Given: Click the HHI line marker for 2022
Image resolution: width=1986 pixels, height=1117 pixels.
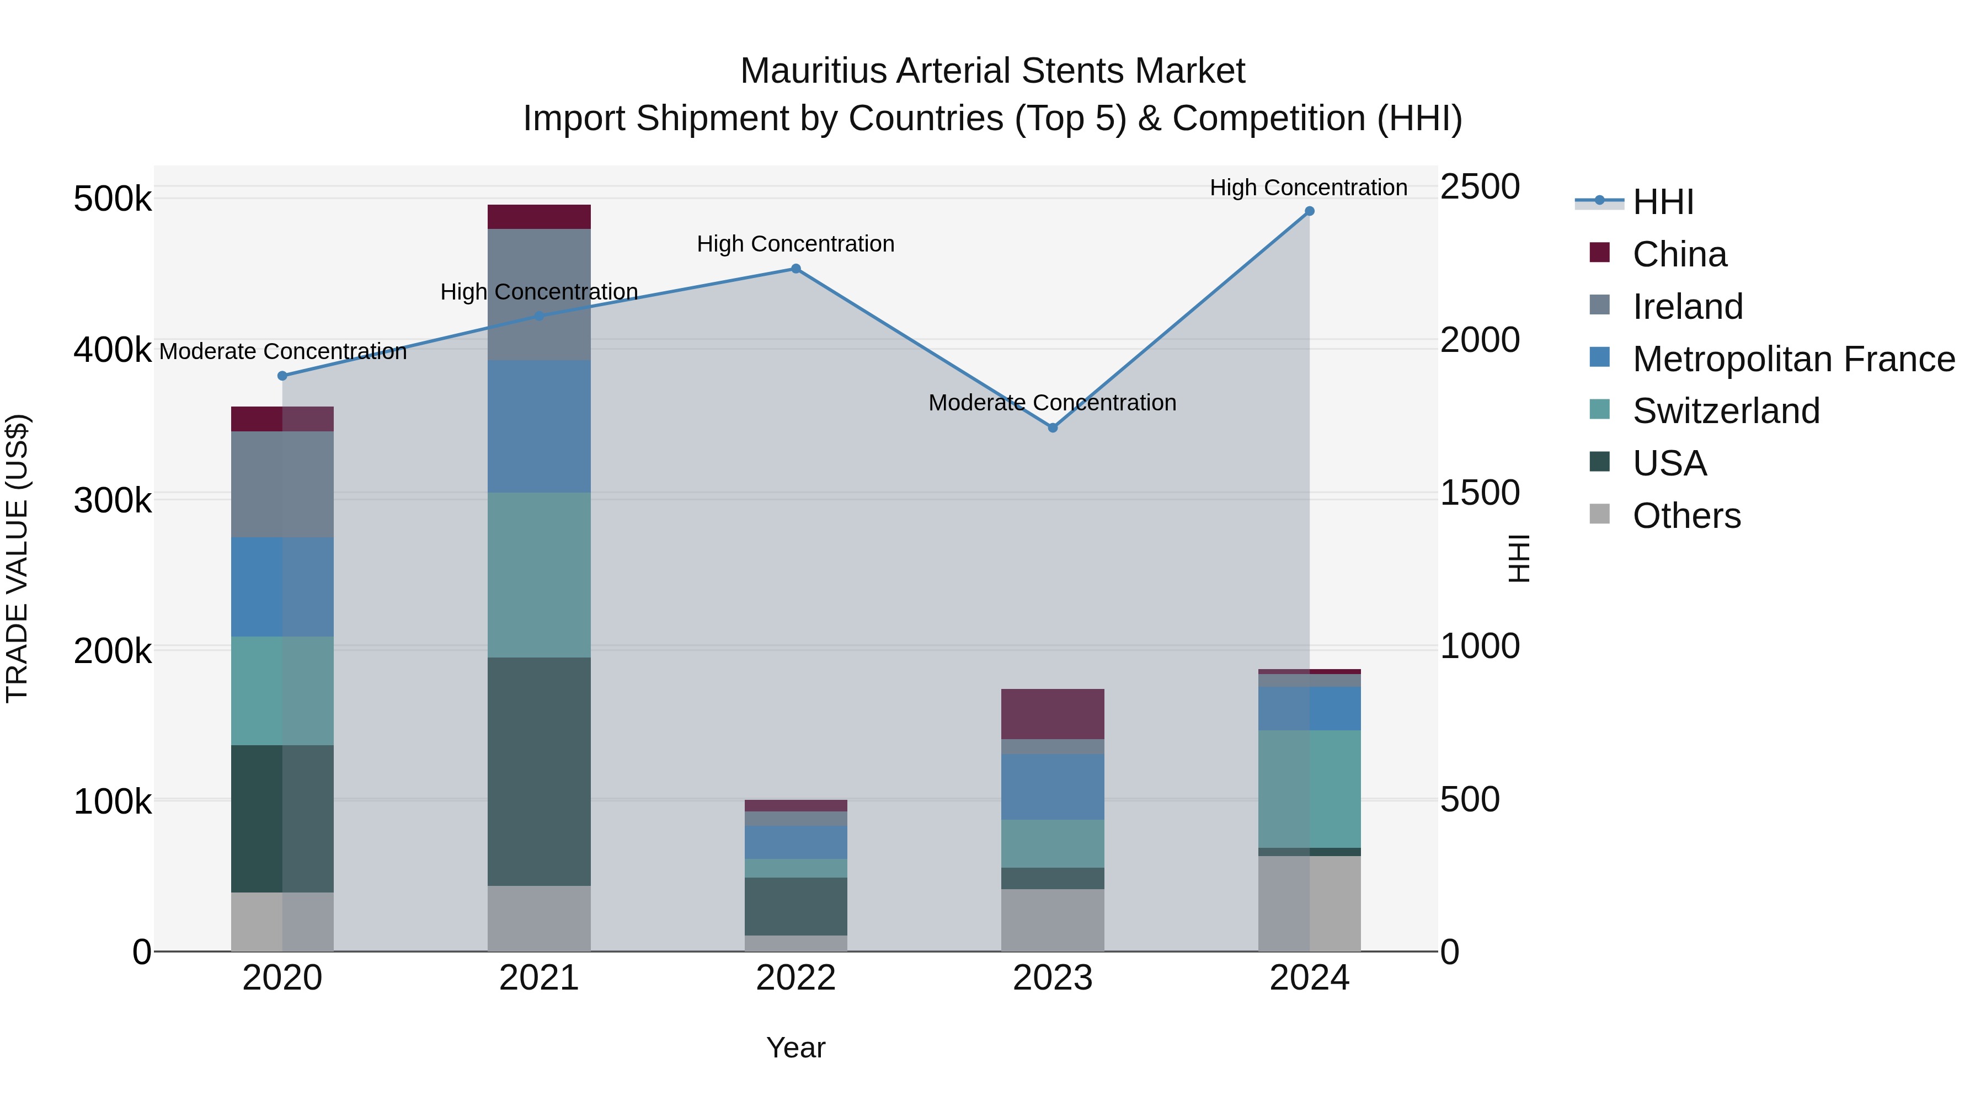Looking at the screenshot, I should coord(796,269).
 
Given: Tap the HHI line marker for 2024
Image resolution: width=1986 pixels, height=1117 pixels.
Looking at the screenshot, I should coord(1309,211).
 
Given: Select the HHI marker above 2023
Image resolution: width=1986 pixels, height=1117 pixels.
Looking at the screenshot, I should coord(1053,428).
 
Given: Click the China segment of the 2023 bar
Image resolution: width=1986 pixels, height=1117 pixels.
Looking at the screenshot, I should coord(1053,714).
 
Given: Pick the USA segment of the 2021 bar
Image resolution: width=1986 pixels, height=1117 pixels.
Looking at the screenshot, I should coord(539,771).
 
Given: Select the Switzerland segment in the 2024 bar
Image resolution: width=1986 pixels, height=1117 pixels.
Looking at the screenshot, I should coord(1309,789).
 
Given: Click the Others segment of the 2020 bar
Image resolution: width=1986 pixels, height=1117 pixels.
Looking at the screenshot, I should coord(282,921).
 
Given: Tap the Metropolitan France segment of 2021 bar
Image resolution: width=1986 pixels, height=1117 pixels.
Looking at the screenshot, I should coord(539,426).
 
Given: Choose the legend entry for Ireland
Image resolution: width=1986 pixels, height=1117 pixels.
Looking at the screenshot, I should coord(1687,307).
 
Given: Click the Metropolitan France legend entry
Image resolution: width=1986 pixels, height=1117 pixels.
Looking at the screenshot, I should coord(1793,359).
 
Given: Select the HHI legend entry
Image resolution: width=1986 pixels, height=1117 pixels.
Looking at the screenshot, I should coord(1663,202).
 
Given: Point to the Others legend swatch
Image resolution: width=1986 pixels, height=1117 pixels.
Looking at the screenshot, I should coord(1600,514).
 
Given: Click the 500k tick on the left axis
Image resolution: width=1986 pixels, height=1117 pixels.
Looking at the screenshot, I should coord(113,200).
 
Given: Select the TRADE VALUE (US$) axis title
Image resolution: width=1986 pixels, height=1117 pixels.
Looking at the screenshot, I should coord(18,558).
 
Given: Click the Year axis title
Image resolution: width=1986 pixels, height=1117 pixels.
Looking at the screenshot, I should coord(796,1047).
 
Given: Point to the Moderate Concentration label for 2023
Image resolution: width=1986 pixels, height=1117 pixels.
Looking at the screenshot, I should coord(1053,403).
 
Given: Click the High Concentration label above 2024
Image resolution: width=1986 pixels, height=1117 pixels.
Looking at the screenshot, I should coord(1309,188).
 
